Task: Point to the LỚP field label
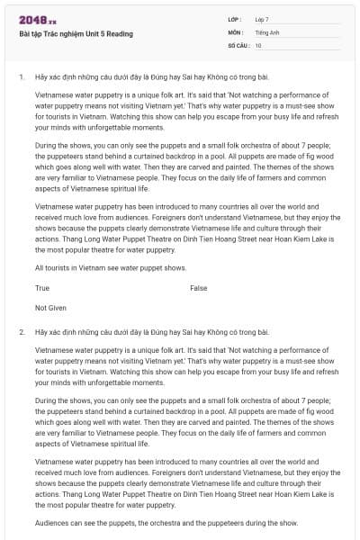pos(233,19)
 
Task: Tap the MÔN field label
pos(234,31)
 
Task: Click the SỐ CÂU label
pos(238,44)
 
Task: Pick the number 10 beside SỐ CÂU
pos(258,44)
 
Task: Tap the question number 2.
pos(21,332)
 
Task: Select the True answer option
pos(42,288)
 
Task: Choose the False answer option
pos(199,288)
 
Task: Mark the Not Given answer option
pos(50,308)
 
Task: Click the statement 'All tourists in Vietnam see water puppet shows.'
pos(111,267)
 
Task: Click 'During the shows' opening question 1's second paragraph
pos(62,145)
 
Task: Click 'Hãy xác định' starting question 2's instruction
pos(56,332)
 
